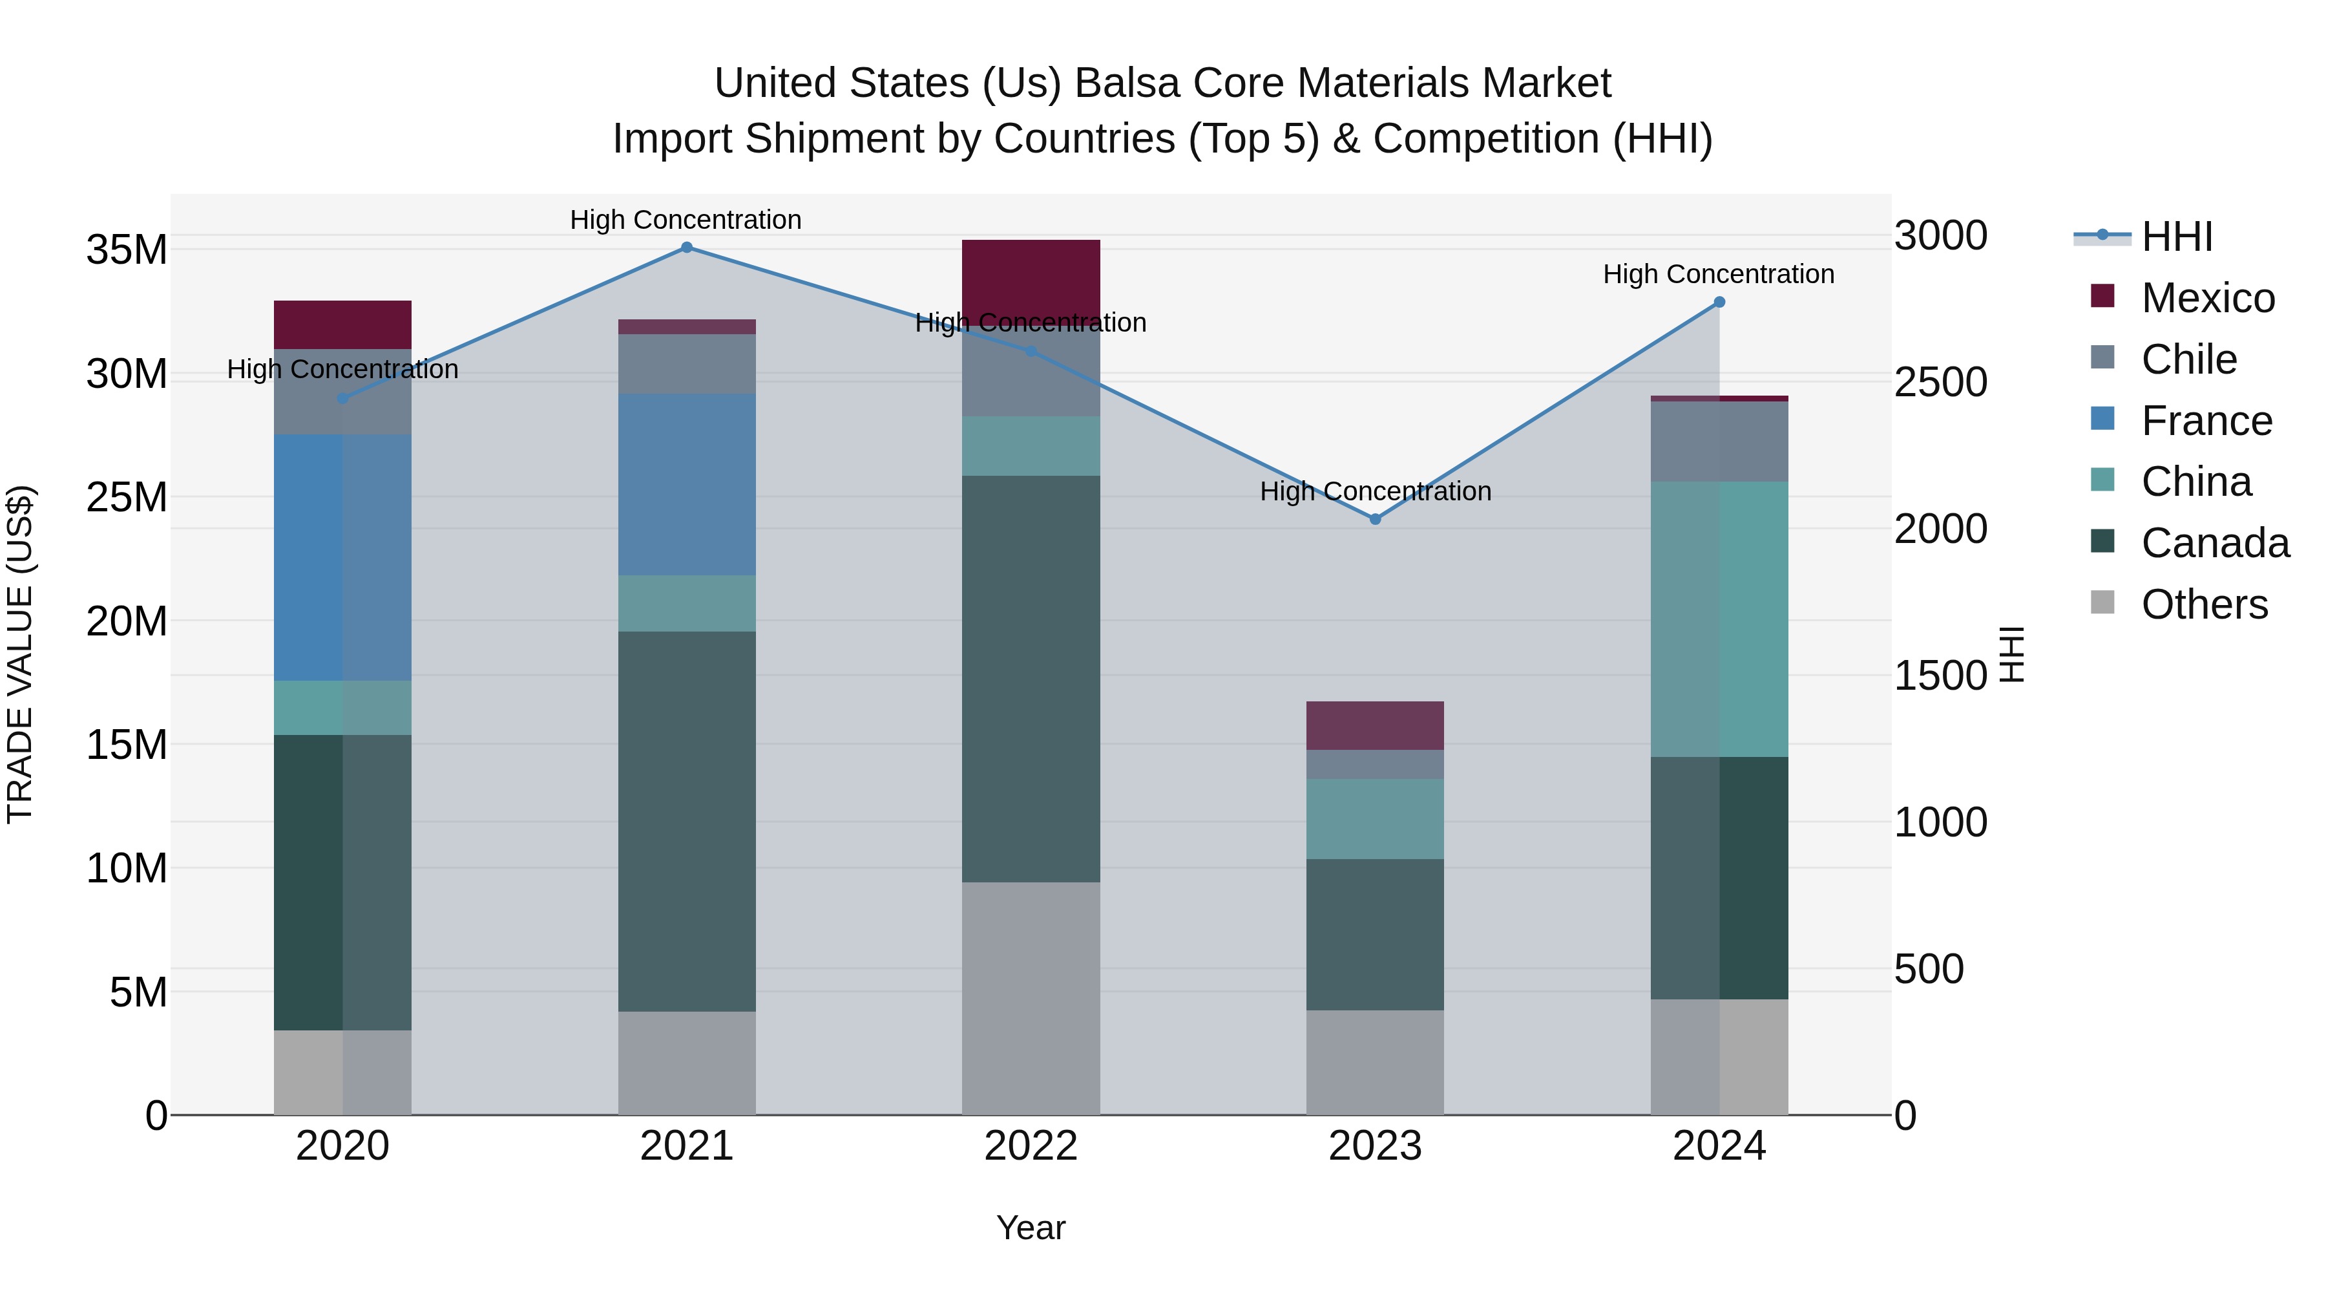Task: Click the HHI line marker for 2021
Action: [x=686, y=248]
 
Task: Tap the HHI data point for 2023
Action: [x=1375, y=520]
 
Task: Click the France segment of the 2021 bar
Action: [x=686, y=484]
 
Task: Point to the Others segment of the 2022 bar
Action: [x=1031, y=998]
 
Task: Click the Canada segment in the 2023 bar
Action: [x=1375, y=934]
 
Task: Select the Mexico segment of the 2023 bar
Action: [x=1375, y=725]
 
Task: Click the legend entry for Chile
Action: [x=2189, y=359]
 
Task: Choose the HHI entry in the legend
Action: [x=2176, y=237]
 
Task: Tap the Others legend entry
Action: [x=2203, y=604]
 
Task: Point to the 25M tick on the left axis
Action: [x=127, y=497]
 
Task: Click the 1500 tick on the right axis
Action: [x=1940, y=676]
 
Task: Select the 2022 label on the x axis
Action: [x=1031, y=1146]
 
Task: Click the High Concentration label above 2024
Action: [x=1718, y=273]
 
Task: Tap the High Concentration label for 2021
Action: [x=686, y=220]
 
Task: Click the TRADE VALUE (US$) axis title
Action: [x=20, y=654]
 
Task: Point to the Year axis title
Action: [x=1031, y=1228]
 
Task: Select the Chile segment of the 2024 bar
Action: [x=1719, y=441]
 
